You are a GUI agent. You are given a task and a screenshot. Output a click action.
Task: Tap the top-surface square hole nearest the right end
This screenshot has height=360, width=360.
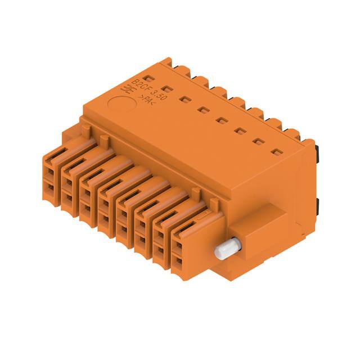276,152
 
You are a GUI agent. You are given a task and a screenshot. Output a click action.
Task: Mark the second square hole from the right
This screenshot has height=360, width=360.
258,141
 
